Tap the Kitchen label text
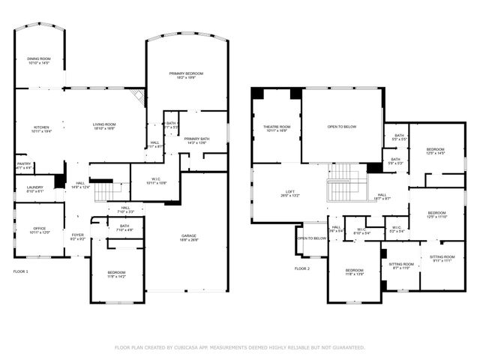tap(41, 128)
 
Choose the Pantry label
tap(24, 165)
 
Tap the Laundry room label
tap(34, 189)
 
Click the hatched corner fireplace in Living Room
tap(135, 96)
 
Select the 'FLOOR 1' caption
tap(20, 270)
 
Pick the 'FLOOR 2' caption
tap(301, 268)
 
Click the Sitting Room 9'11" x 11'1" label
tap(442, 258)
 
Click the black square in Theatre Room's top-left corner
tap(257, 92)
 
